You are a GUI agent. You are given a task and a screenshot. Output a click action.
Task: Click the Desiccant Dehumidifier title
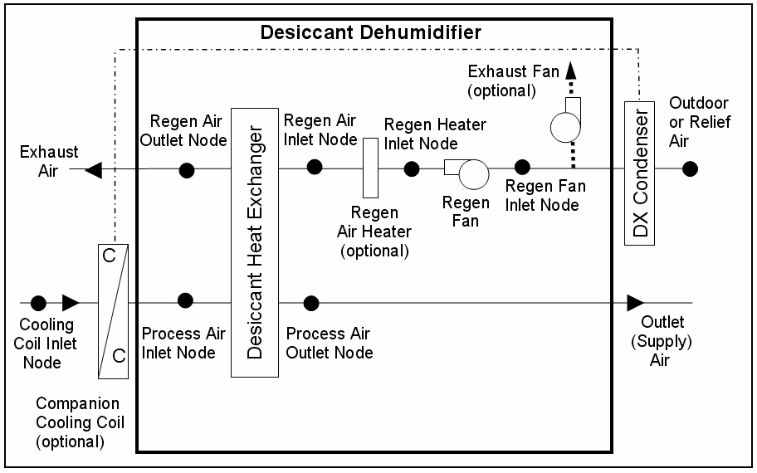tap(370, 32)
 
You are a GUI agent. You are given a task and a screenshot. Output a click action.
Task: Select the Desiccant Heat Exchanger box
tap(254, 242)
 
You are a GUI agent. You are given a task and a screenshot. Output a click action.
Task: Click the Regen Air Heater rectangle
tap(370, 168)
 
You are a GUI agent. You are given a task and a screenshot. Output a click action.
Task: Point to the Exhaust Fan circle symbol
tap(566, 126)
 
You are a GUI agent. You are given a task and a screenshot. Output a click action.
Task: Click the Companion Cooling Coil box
tap(113, 311)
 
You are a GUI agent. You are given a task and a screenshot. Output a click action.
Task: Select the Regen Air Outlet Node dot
tap(187, 170)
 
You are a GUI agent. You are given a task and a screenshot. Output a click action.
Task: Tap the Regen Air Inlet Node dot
tap(315, 167)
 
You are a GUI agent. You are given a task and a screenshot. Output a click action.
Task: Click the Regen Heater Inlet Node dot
tap(412, 169)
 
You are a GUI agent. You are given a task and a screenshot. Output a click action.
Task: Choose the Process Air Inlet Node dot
tap(185, 300)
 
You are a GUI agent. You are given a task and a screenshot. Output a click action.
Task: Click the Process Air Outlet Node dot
tap(311, 302)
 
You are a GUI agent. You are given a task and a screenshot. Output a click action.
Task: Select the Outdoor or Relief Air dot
tap(690, 169)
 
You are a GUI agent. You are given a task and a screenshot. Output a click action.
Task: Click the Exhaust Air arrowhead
tap(94, 170)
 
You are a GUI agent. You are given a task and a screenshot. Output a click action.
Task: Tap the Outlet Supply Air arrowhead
tap(635, 302)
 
